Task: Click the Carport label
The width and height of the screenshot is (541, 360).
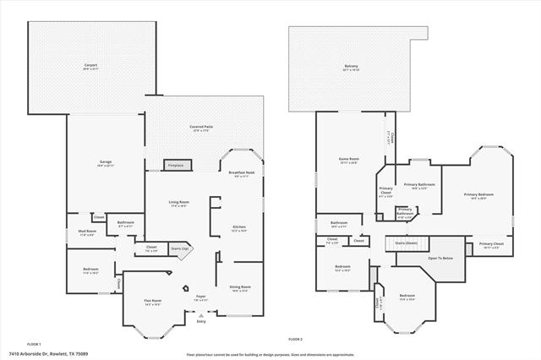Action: coord(90,66)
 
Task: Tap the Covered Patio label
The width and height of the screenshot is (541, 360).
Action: coord(200,128)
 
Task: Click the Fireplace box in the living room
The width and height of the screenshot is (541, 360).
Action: coord(175,166)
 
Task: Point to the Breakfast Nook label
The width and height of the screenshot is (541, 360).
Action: coord(240,174)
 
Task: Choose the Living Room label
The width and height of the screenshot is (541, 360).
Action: coord(178,203)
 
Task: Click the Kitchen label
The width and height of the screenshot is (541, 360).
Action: coord(239,228)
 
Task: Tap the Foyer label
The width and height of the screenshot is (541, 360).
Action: coord(201,297)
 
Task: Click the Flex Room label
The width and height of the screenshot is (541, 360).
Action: coord(153,301)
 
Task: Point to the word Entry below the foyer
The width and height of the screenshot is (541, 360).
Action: coord(201,321)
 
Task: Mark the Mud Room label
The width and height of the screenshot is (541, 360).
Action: coord(87,232)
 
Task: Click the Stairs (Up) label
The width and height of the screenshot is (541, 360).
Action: coord(178,248)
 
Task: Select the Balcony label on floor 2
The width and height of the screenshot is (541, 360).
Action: coord(351,67)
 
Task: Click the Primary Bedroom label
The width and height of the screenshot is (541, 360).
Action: coord(478,195)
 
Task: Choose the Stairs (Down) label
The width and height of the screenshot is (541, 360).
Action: coord(407,243)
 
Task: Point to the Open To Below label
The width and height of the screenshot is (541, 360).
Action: coord(440,258)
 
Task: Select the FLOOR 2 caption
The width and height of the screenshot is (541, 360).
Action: coord(295,339)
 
